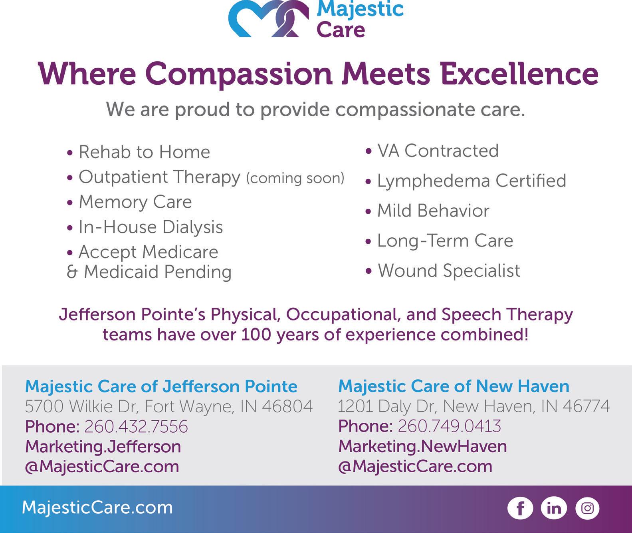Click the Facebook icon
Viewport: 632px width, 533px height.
pyautogui.click(x=520, y=508)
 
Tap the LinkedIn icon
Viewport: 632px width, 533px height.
pyautogui.click(x=554, y=508)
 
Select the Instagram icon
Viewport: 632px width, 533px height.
pyautogui.click(x=587, y=508)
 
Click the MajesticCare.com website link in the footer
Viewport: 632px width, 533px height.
pyautogui.click(x=97, y=508)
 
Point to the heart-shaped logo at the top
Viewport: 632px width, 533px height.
pyautogui.click(x=269, y=19)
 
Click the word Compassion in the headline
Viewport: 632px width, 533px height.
pyautogui.click(x=239, y=75)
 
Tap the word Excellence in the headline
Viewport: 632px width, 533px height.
pyautogui.click(x=519, y=74)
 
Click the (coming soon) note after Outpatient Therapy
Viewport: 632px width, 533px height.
pyautogui.click(x=295, y=178)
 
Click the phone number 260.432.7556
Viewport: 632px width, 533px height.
pyautogui.click(x=136, y=427)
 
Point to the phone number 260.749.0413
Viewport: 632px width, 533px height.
pyautogui.click(x=450, y=426)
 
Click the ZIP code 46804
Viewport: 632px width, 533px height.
pyautogui.click(x=287, y=406)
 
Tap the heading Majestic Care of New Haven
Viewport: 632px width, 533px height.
pyautogui.click(x=454, y=386)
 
